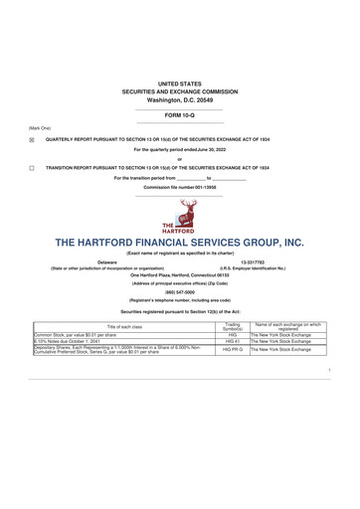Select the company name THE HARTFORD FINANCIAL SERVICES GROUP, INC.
179,243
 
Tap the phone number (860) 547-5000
179,292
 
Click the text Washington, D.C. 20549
179,100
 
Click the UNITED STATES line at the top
179,84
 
